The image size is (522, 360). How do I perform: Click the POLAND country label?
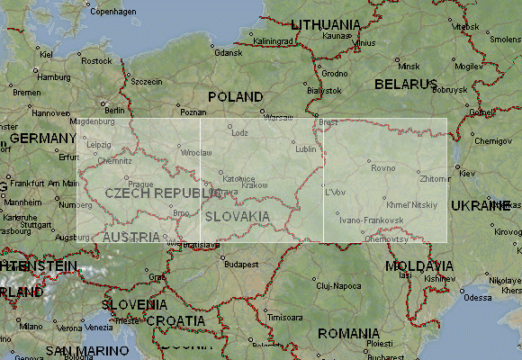[x=235, y=96]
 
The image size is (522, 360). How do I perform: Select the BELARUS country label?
[x=405, y=84]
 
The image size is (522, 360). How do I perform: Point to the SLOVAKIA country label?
[x=237, y=217]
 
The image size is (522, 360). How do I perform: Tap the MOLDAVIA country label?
[x=418, y=266]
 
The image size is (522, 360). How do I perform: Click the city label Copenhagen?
[x=112, y=12]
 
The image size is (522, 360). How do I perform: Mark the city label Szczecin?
[x=147, y=81]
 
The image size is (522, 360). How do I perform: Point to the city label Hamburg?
[x=53, y=76]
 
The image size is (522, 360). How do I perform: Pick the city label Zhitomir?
[x=435, y=179]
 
